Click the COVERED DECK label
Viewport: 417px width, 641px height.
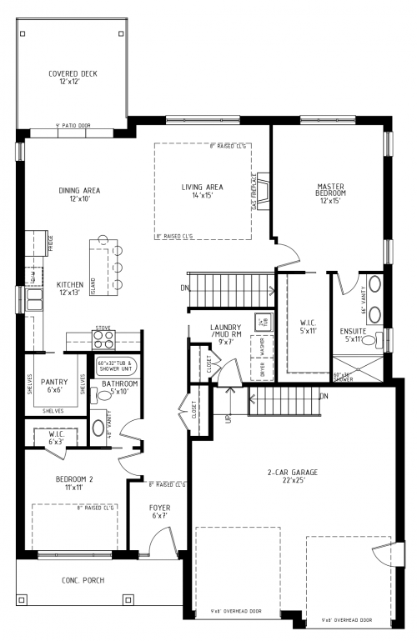point(73,78)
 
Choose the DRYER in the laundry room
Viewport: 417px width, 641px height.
point(263,369)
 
